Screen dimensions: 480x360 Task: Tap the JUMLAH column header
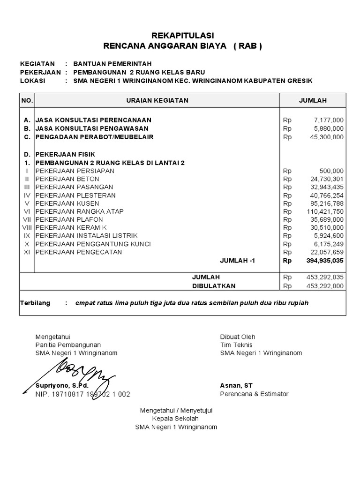coord(313,100)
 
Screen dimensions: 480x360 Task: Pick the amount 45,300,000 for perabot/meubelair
coord(326,137)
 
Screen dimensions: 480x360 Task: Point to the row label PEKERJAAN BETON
coord(67,179)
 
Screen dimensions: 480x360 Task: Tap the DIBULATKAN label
coord(214,285)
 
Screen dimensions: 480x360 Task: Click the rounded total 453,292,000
coord(324,285)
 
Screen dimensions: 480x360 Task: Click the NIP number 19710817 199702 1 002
coord(83,394)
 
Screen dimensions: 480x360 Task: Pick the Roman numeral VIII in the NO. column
coord(28,228)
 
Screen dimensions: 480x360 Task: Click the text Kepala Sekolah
coord(176,419)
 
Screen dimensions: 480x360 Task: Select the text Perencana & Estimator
coord(255,394)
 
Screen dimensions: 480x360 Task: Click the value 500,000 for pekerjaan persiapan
coord(331,171)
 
